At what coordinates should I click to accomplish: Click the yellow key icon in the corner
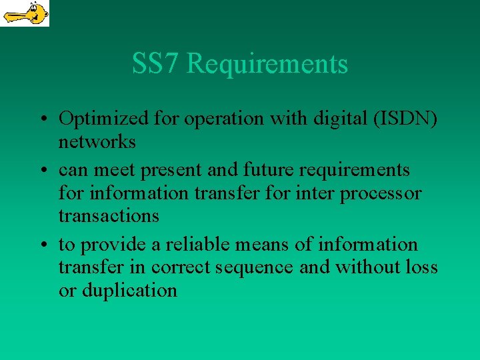(x=25, y=13)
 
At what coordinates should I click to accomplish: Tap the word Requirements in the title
(x=267, y=65)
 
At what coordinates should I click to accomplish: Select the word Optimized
(x=94, y=119)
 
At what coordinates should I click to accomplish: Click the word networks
(x=97, y=142)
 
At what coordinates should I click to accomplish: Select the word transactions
(x=109, y=216)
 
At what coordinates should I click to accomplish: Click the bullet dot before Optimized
(x=42, y=120)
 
